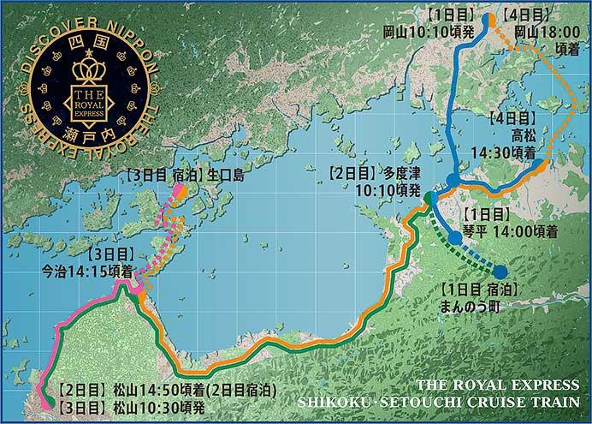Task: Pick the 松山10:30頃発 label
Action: tap(115, 404)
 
